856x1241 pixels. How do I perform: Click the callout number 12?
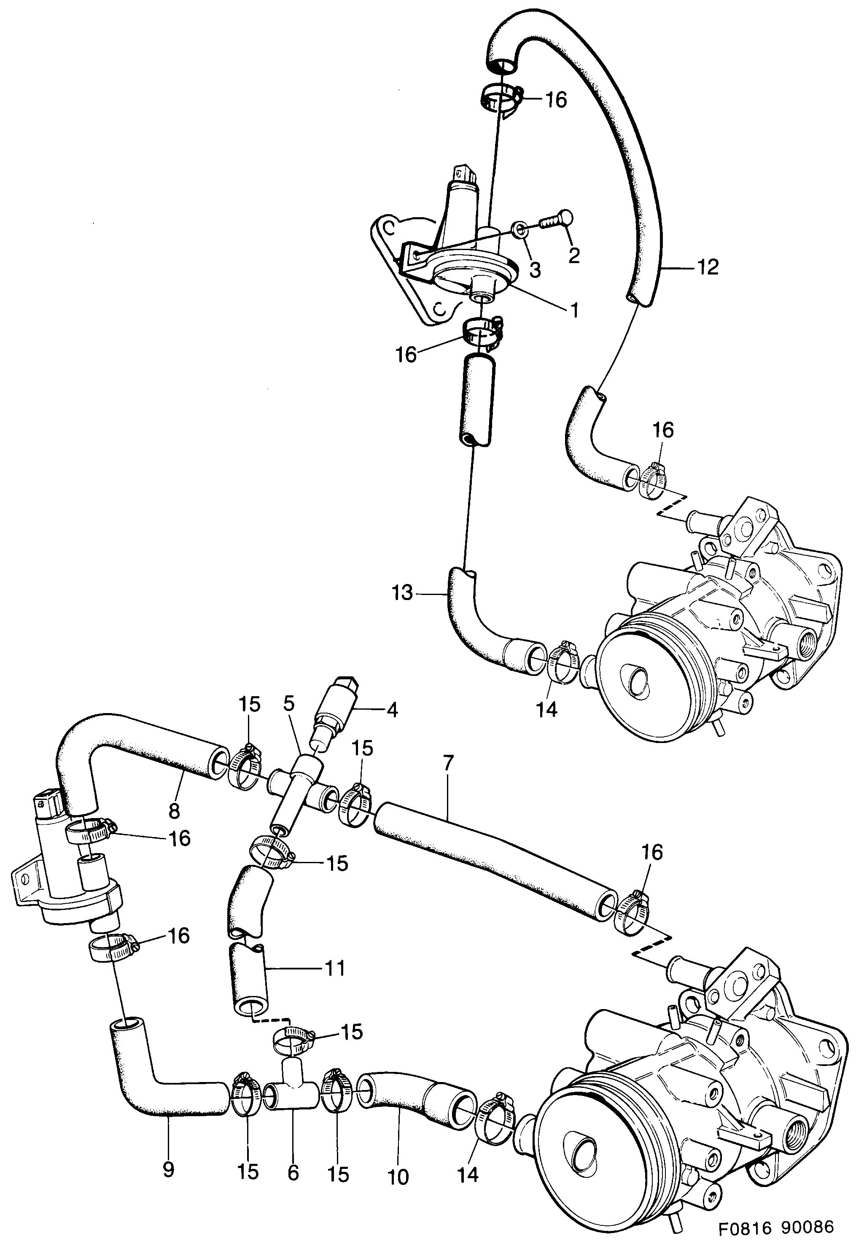tap(708, 267)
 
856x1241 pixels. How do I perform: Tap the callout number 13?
tap(402, 593)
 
